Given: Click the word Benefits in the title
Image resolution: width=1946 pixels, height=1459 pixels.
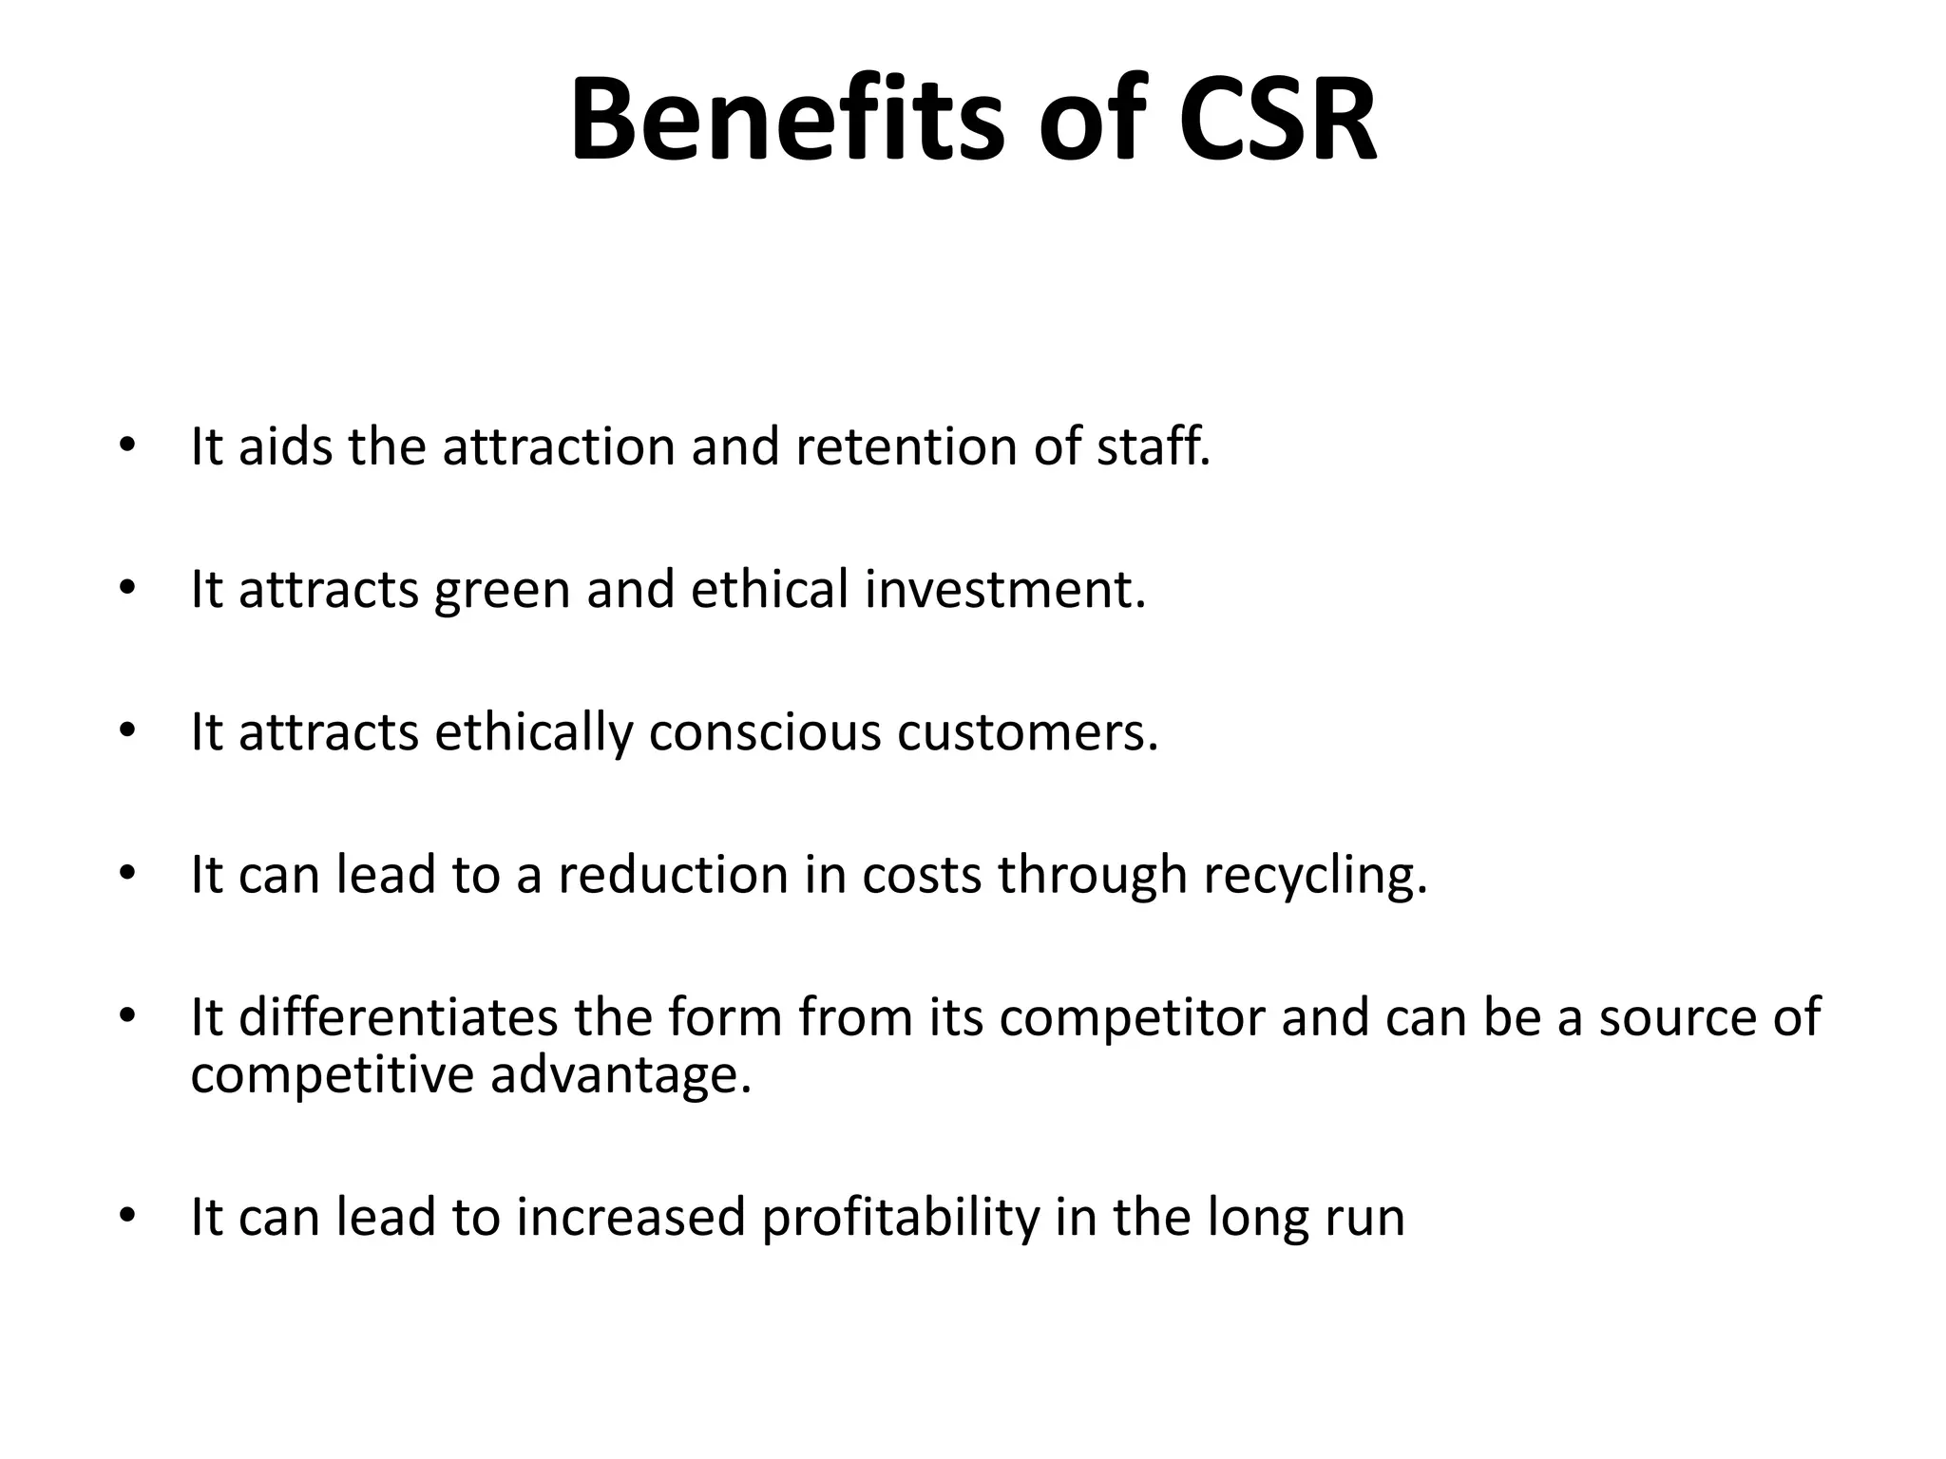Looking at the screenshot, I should coord(787,121).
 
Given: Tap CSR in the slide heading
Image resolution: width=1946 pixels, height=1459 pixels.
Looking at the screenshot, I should coord(1277,121).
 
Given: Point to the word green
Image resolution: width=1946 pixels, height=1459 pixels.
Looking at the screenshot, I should coord(502,591).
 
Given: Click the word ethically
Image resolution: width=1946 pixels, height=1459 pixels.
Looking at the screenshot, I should coord(533,732).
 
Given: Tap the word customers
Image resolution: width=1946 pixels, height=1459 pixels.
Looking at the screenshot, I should coord(1026,732).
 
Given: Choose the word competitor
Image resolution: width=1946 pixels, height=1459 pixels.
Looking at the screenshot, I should coord(1133,1018).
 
